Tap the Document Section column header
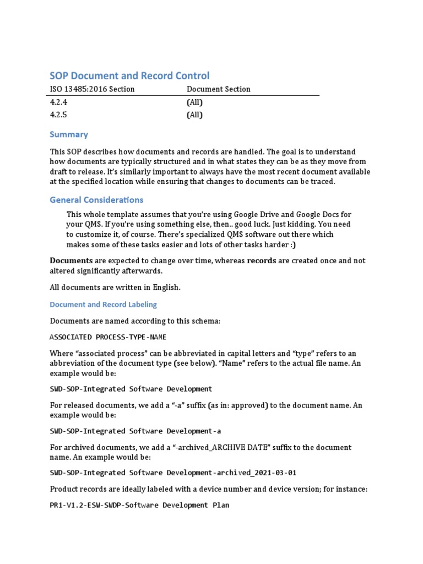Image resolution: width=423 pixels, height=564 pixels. click(218, 89)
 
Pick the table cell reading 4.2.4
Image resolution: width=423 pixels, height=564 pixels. click(59, 102)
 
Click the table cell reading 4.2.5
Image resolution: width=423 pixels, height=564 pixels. click(59, 115)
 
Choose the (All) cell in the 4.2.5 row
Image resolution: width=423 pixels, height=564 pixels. click(194, 115)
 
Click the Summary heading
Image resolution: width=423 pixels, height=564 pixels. click(69, 134)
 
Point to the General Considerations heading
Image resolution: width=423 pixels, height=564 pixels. click(96, 200)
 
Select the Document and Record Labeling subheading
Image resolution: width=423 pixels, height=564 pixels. click(103, 305)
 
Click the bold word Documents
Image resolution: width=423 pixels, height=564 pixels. click(71, 261)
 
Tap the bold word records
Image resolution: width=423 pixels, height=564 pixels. click(262, 261)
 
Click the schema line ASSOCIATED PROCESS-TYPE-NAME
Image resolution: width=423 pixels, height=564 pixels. click(108, 337)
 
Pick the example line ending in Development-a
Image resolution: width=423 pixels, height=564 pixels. click(135, 431)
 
